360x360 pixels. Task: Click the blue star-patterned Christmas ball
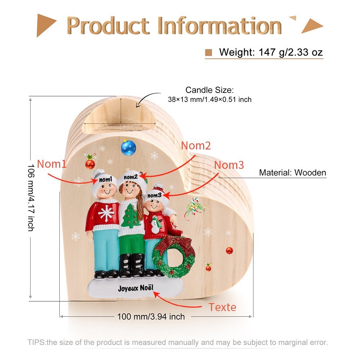[x=129, y=148]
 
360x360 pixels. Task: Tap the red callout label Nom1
[x=51, y=164]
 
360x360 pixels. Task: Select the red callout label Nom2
[x=196, y=145]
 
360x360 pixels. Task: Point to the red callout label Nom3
[x=229, y=165]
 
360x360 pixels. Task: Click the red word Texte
[x=222, y=307]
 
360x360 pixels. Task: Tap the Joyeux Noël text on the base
[x=135, y=288]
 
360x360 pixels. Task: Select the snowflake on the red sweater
[x=106, y=213]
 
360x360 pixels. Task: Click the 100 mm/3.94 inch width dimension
[x=151, y=316]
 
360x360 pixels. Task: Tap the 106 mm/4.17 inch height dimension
[x=31, y=197]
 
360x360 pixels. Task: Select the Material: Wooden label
[x=292, y=172]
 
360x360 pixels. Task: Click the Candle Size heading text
[x=210, y=90]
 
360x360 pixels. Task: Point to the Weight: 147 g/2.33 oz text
[x=271, y=52]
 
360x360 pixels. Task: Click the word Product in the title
[x=108, y=26]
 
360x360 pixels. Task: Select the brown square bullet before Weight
[x=208, y=52]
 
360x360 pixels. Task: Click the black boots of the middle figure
[x=132, y=265]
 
